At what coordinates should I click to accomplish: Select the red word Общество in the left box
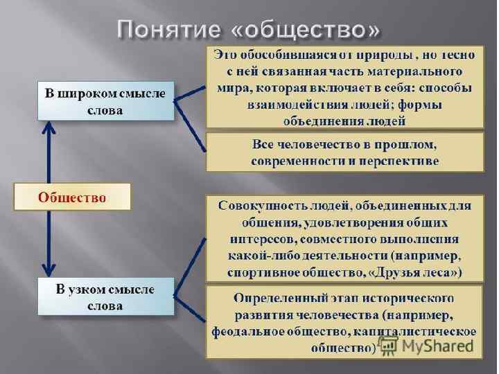(x=72, y=197)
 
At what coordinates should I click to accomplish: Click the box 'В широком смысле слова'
(x=105, y=101)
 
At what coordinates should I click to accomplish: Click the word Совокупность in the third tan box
(x=262, y=206)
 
